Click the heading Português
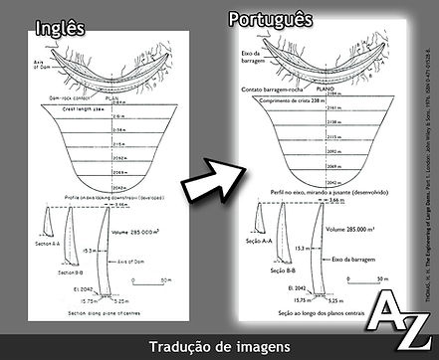coord(270,19)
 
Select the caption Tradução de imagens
coord(219,347)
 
